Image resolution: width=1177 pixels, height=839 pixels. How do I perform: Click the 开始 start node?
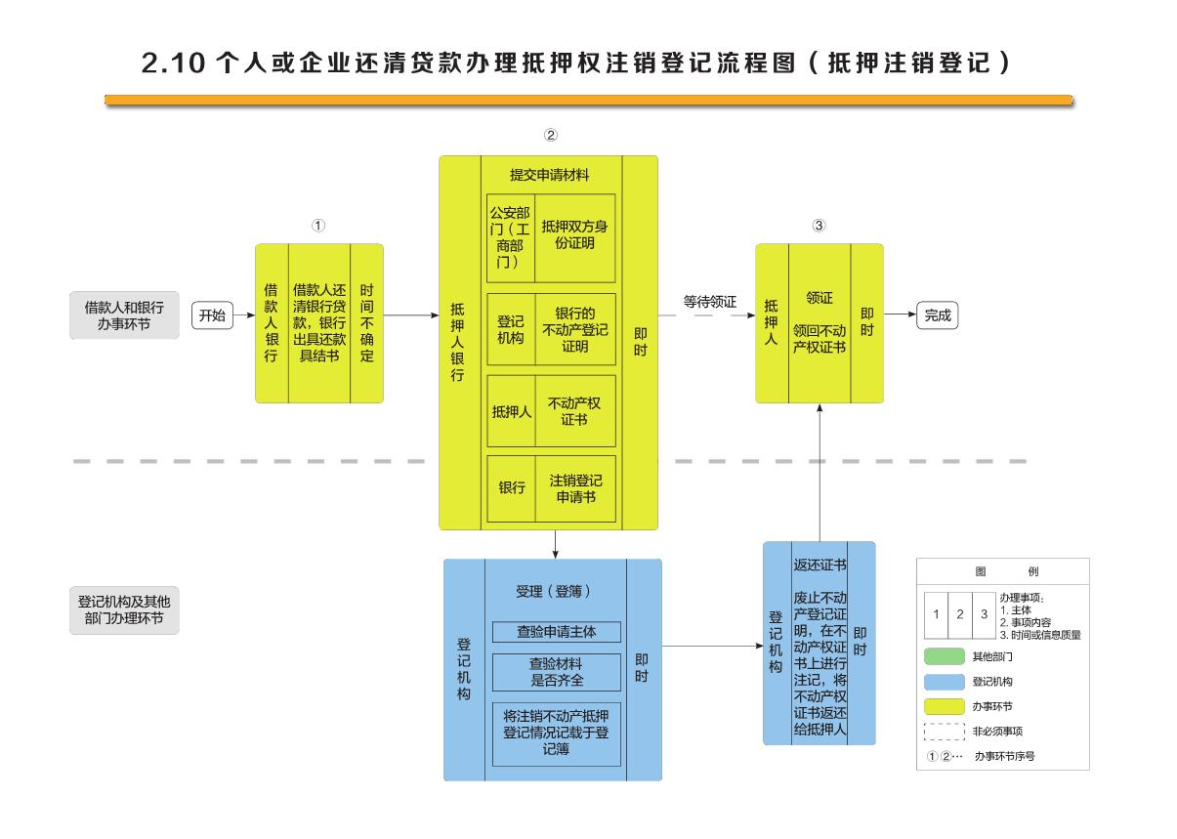pyautogui.click(x=212, y=315)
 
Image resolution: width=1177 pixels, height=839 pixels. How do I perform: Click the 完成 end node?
pyautogui.click(x=937, y=315)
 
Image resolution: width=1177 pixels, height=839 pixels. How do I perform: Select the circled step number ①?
pyautogui.click(x=318, y=226)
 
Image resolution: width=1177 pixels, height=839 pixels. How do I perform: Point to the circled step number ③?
pyautogui.click(x=819, y=226)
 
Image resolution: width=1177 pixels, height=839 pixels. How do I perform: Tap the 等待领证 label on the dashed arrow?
pyautogui.click(x=710, y=302)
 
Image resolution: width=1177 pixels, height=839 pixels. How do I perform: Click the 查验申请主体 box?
pyautogui.click(x=556, y=632)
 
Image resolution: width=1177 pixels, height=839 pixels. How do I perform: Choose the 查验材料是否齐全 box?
pyautogui.click(x=556, y=671)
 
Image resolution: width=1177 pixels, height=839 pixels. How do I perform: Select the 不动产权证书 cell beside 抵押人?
pyautogui.click(x=574, y=411)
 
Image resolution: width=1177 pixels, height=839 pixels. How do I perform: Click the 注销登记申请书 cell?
pyautogui.click(x=575, y=488)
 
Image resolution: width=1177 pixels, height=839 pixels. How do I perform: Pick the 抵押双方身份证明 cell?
pyautogui.click(x=574, y=235)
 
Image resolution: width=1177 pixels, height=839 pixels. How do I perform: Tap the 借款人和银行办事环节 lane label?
pyautogui.click(x=124, y=315)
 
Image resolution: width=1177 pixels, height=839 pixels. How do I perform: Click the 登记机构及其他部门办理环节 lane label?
pyautogui.click(x=124, y=610)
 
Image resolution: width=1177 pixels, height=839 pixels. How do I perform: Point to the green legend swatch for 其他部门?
pyautogui.click(x=944, y=657)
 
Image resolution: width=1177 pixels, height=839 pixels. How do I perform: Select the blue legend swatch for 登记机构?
pyautogui.click(x=944, y=682)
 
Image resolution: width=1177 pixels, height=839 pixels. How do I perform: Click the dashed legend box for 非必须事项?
pyautogui.click(x=944, y=731)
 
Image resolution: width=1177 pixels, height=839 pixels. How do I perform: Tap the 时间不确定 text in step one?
pyautogui.click(x=366, y=323)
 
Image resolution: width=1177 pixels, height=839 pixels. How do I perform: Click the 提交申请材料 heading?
pyautogui.click(x=550, y=175)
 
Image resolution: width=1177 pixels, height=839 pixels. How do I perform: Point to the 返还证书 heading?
pyautogui.click(x=820, y=565)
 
